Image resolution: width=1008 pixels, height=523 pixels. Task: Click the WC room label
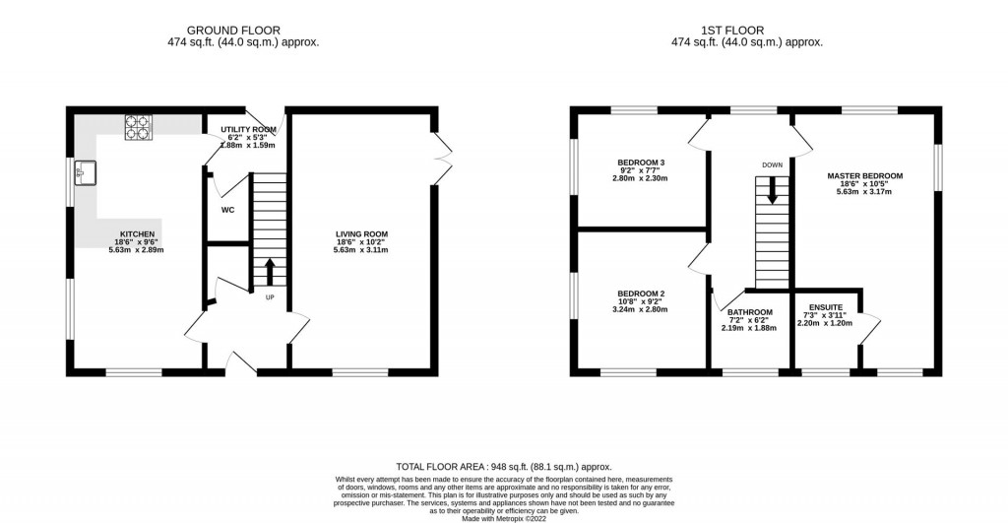(226, 210)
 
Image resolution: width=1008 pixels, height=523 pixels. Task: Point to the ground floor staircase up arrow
(270, 270)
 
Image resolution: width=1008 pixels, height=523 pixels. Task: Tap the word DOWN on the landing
(772, 164)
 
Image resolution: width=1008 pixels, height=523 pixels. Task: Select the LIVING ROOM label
(362, 233)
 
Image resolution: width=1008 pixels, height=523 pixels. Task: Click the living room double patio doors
(442, 156)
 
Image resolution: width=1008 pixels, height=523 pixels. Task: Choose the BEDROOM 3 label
(642, 162)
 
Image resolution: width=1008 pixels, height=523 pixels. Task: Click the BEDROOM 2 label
(642, 293)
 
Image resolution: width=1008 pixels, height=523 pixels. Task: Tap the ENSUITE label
(824, 306)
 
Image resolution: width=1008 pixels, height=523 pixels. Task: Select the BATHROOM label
(750, 312)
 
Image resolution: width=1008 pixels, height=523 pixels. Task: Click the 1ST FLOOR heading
(746, 30)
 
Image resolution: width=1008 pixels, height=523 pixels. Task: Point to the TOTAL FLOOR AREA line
(503, 466)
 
